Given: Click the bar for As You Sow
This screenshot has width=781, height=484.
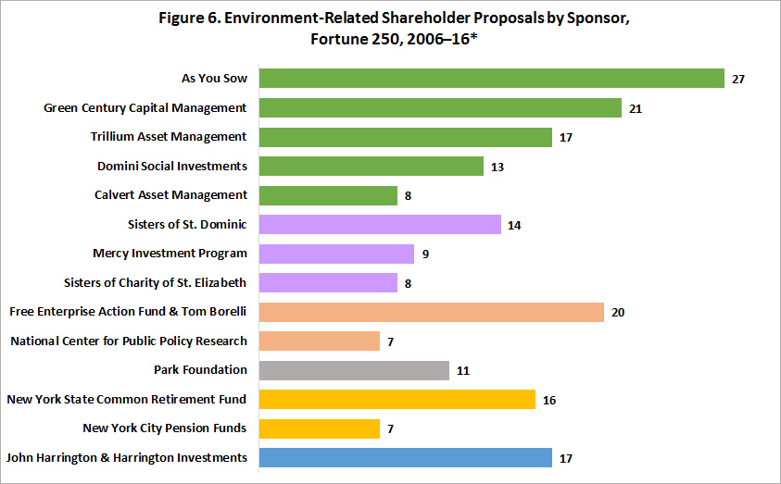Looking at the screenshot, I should click(491, 79).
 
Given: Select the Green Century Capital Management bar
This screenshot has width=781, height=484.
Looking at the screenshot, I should click(440, 108).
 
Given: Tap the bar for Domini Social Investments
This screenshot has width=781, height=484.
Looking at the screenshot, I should click(372, 167).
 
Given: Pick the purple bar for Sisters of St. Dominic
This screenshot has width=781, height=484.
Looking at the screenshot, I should click(380, 225).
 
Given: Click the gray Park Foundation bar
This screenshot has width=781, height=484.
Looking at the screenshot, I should click(354, 370).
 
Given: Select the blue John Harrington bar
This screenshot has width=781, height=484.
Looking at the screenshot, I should click(406, 457).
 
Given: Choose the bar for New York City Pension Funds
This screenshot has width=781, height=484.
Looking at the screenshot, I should click(320, 428).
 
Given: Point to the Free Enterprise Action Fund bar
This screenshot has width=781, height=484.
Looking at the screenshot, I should click(432, 312).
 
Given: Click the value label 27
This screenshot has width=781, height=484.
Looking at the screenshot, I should click(738, 80).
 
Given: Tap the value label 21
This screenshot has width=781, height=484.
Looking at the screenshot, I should click(636, 109).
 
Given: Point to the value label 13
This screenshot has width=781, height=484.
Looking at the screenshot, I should click(498, 168).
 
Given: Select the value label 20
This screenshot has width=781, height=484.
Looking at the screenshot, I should click(618, 313).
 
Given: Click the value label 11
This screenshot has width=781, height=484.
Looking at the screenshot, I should click(463, 371).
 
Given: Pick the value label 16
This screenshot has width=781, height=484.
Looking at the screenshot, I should click(549, 400).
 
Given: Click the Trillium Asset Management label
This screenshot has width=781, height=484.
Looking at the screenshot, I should click(169, 137).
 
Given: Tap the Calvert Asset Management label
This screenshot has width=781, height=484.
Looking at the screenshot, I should click(170, 195).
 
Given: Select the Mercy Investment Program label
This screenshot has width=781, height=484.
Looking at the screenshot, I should click(170, 254).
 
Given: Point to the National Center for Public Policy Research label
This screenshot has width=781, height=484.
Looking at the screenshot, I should click(129, 341).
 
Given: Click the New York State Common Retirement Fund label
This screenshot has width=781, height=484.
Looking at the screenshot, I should click(127, 399).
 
